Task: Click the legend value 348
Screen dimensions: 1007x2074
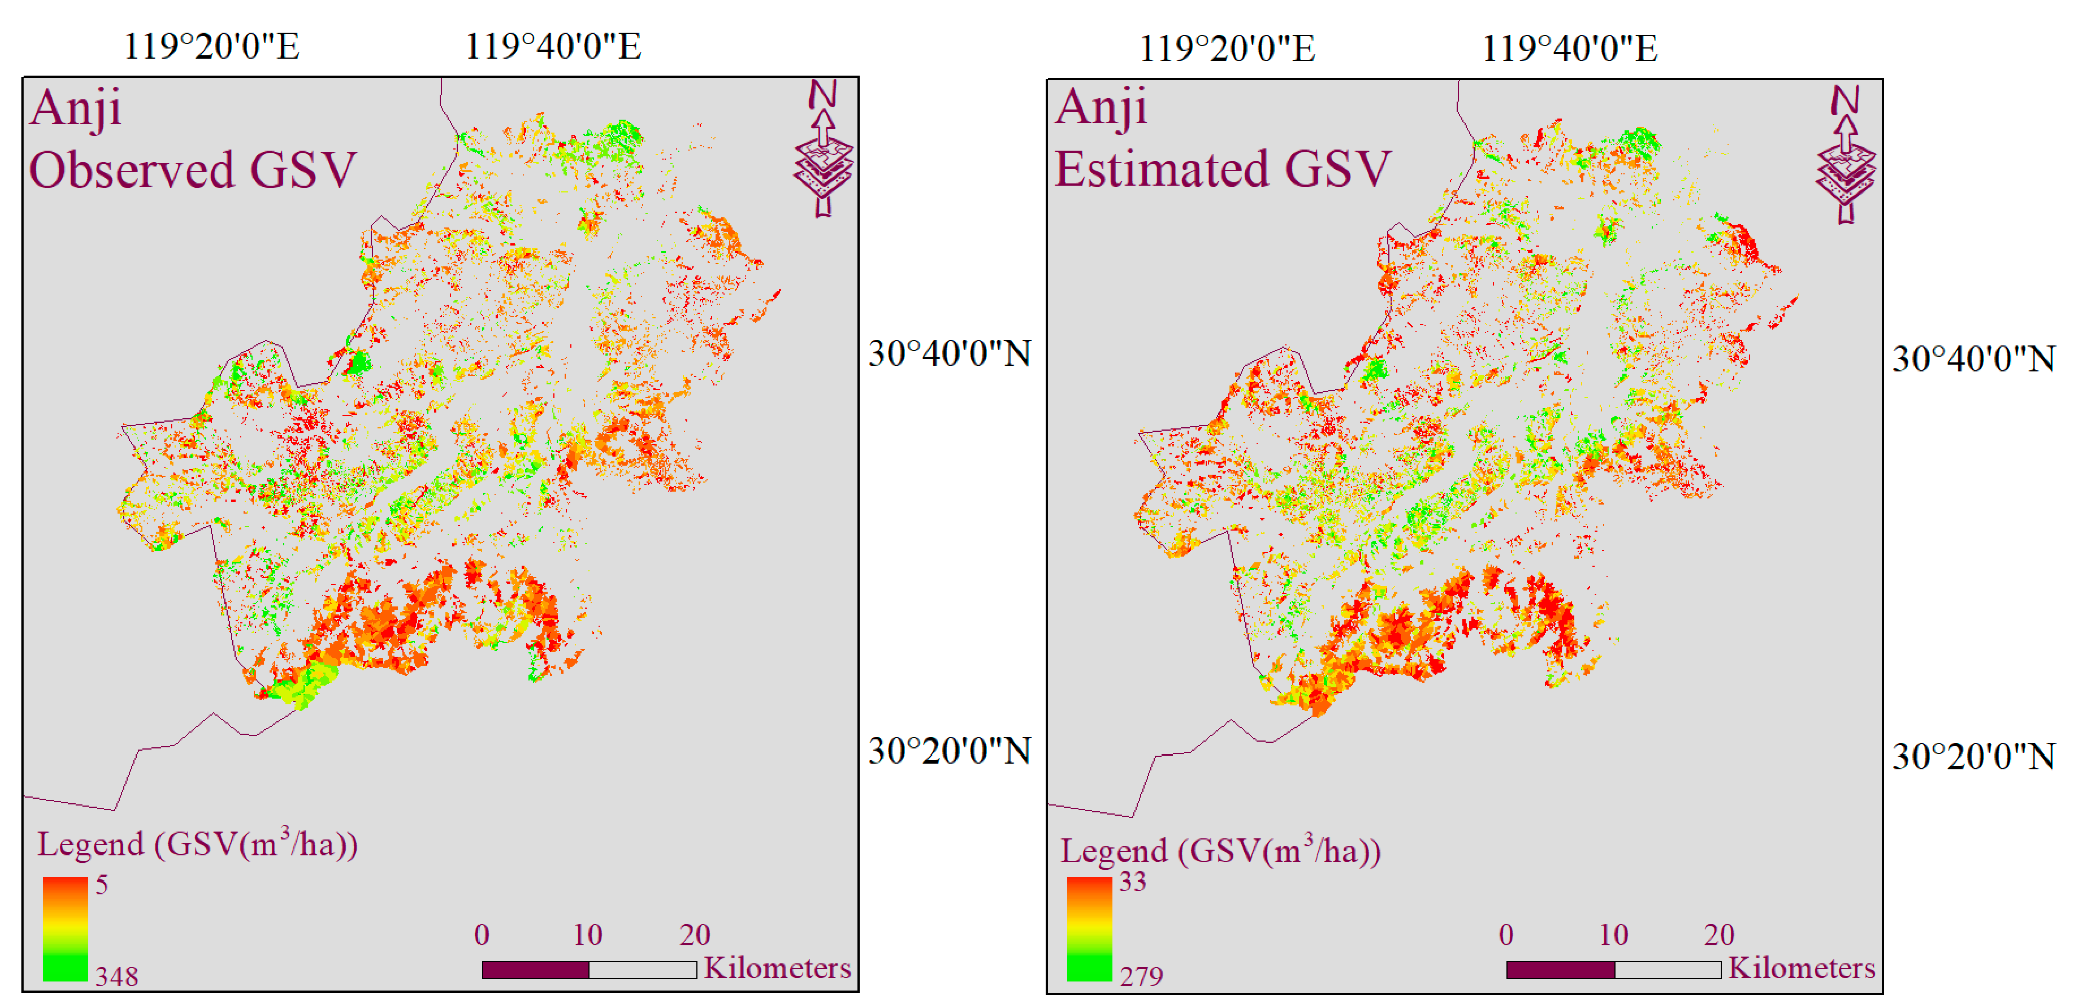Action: pos(117,976)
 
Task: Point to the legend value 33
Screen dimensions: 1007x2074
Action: pos(1132,882)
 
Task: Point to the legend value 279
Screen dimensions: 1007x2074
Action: pos(1141,976)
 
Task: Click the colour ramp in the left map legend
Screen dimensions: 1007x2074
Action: pos(65,929)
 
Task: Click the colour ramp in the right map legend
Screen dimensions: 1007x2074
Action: pos(1089,929)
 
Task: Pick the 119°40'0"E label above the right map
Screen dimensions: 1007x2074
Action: pos(1569,48)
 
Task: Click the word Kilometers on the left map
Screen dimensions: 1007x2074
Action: pos(777,967)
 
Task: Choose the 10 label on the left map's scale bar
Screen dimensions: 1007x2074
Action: pos(588,935)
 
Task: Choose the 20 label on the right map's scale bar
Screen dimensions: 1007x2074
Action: pos(1719,935)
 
